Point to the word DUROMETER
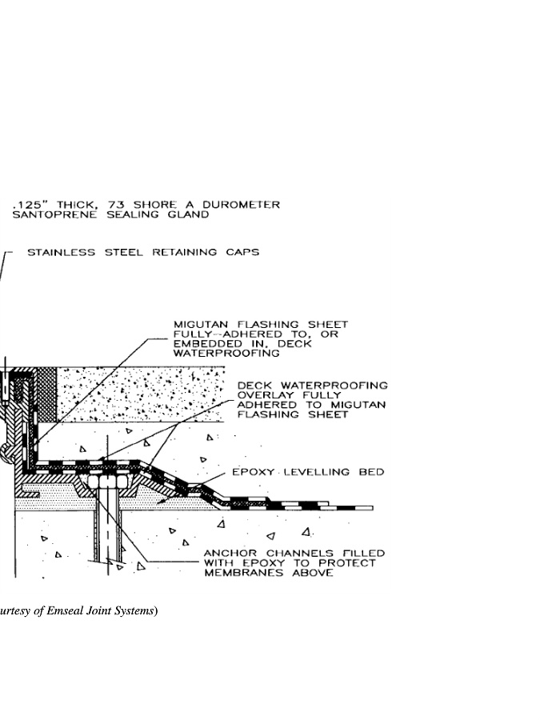[244, 205]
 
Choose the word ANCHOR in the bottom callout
[227, 554]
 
